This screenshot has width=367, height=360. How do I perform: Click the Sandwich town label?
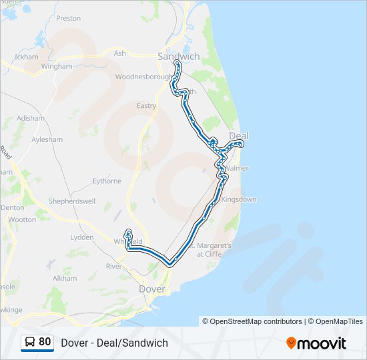point(178,57)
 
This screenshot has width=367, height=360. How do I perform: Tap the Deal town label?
point(238,136)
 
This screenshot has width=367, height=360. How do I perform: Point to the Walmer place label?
point(237,169)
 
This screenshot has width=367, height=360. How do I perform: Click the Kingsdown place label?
point(238,199)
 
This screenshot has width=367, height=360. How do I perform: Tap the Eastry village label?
point(146,106)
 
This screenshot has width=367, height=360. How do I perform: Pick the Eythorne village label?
point(107,181)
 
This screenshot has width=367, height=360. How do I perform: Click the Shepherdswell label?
point(71,201)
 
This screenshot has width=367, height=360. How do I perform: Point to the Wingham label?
point(56,67)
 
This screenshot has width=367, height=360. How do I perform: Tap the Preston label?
point(68,19)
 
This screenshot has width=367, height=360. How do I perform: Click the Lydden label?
point(82,237)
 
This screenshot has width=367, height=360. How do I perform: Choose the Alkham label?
point(65,278)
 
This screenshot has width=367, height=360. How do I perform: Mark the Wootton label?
point(23,219)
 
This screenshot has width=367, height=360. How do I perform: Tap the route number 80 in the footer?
point(45,343)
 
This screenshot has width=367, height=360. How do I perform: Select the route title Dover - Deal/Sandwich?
point(114,343)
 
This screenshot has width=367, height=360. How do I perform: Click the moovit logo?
point(316,343)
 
